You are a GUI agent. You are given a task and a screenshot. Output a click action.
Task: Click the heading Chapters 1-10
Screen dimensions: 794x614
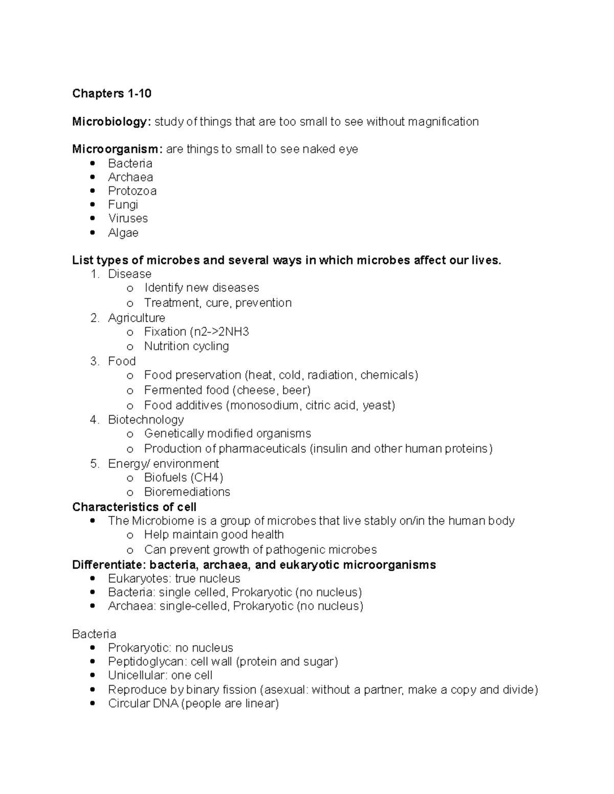tap(112, 94)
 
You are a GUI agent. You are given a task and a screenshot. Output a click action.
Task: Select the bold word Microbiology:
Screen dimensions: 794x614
tap(112, 122)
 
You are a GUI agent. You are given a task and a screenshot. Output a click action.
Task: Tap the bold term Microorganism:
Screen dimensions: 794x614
tap(117, 149)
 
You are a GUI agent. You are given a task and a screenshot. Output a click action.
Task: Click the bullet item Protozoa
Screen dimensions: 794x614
tap(132, 191)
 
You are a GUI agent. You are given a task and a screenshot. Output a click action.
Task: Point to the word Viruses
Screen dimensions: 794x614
tap(128, 218)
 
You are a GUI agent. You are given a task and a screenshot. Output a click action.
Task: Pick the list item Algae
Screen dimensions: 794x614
tap(123, 233)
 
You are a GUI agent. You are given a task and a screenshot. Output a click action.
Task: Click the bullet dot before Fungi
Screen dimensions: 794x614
tap(92, 205)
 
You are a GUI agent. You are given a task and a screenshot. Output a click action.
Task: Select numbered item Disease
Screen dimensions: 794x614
tap(129, 274)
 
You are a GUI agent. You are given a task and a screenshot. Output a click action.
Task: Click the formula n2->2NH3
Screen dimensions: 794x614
tap(221, 332)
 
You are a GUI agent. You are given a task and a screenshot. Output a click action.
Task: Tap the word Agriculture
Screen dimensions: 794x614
tap(137, 318)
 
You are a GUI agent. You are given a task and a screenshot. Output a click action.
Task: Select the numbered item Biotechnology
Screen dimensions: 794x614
tap(146, 420)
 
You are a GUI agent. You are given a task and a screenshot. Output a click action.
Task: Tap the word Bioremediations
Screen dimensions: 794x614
tap(187, 492)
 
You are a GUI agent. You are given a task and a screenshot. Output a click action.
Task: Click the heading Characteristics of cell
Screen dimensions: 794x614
tap(134, 507)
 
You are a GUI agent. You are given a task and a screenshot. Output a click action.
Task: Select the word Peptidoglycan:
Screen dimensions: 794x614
tap(146, 662)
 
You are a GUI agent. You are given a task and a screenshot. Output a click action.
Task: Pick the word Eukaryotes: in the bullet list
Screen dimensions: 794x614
tap(139, 579)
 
